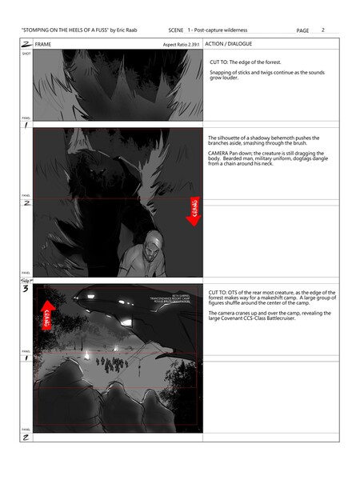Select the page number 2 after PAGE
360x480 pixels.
(x=322, y=30)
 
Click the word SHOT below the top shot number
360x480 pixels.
(x=26, y=54)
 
